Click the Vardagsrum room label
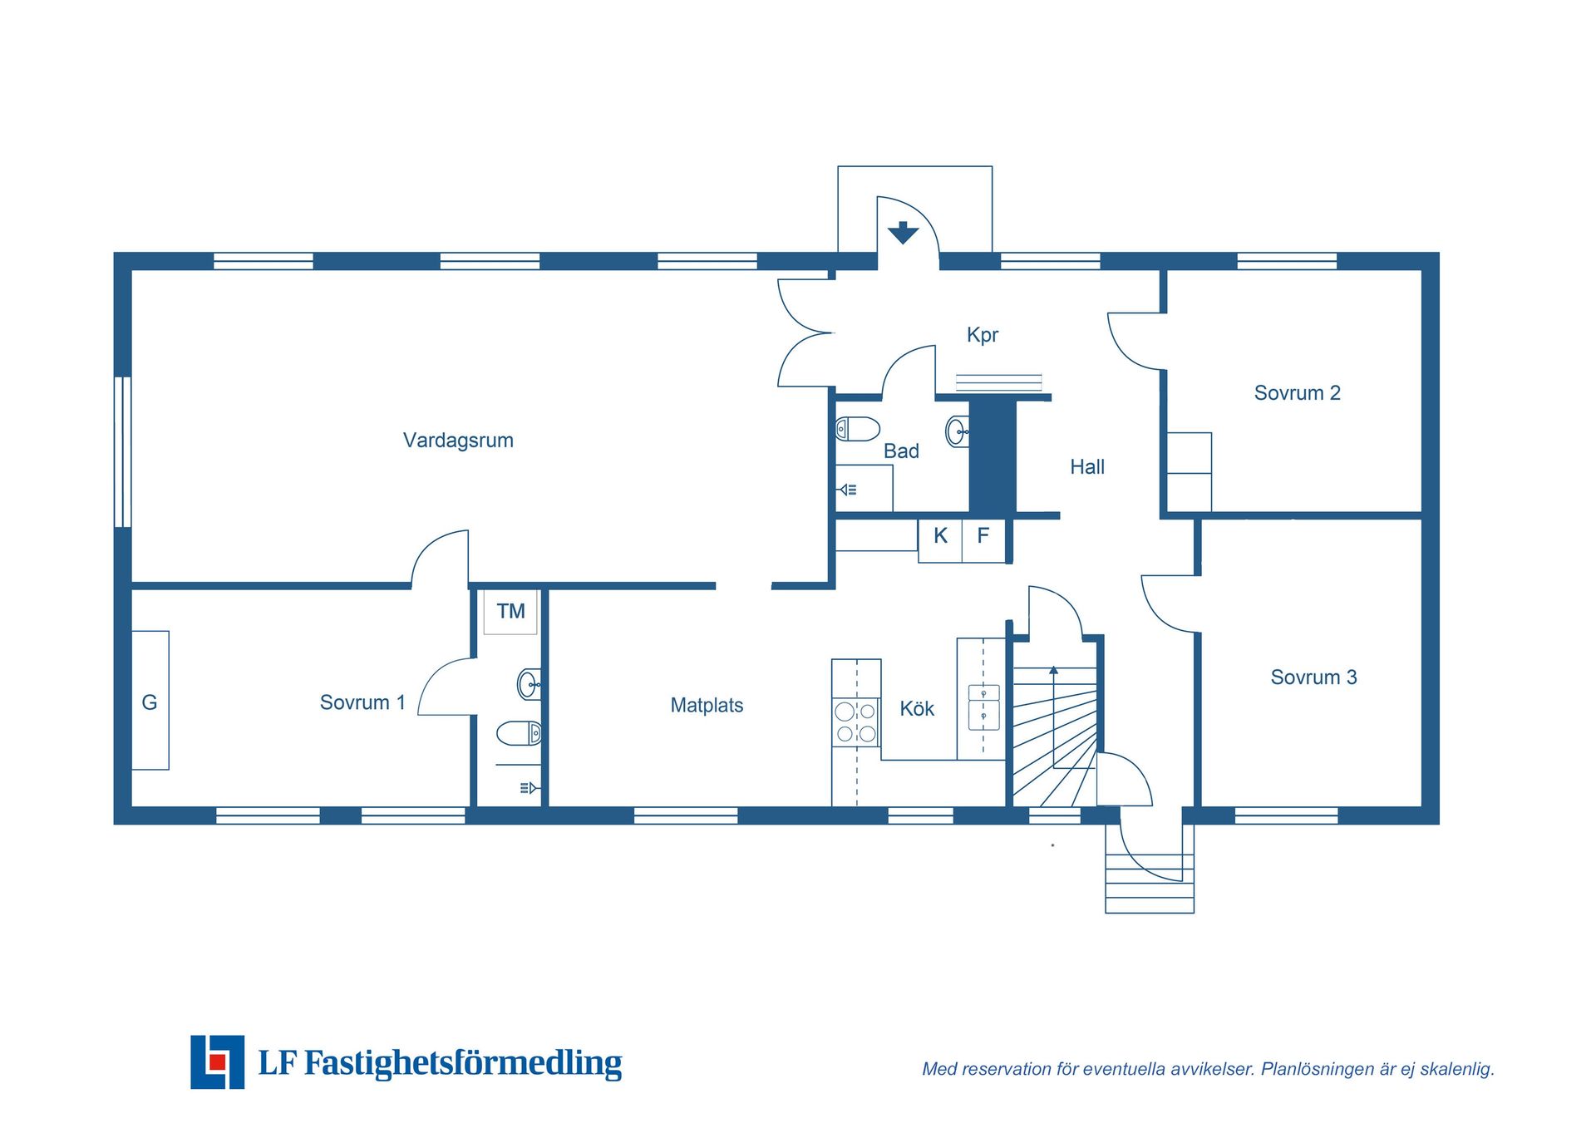tap(458, 441)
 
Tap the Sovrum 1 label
tap(362, 702)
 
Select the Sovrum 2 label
tap(1297, 393)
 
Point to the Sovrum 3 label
tap(1313, 677)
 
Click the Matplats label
tap(707, 706)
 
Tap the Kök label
tap(917, 709)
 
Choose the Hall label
tap(1087, 467)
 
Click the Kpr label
tap(983, 335)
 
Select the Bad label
tap(901, 451)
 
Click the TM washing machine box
tap(510, 613)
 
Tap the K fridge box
tap(940, 540)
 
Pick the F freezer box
tap(983, 540)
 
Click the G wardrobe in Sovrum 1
tap(150, 700)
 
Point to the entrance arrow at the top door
tap(903, 233)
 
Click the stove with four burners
tap(856, 722)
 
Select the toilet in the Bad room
tap(858, 430)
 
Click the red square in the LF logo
tap(218, 1062)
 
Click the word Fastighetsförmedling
tap(463, 1063)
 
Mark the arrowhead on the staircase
tap(1053, 670)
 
